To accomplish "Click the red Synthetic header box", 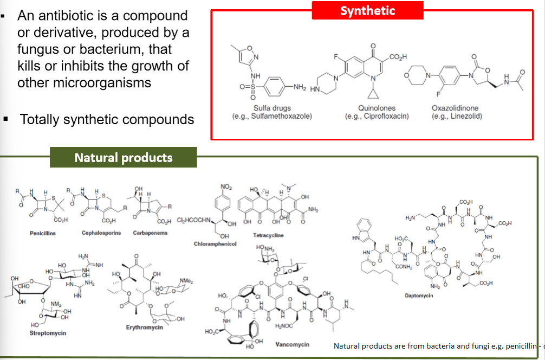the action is tap(367, 10).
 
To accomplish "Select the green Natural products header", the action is tap(124, 158).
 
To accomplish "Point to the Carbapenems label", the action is tap(150, 233).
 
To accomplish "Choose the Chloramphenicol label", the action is tap(216, 244).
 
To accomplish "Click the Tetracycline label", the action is tap(268, 235).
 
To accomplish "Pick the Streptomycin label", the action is tap(48, 333).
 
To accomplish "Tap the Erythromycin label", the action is tap(144, 327).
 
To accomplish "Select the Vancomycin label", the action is tap(292, 344).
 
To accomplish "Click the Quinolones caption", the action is tap(376, 108).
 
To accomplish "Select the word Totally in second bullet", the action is tap(41, 119).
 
